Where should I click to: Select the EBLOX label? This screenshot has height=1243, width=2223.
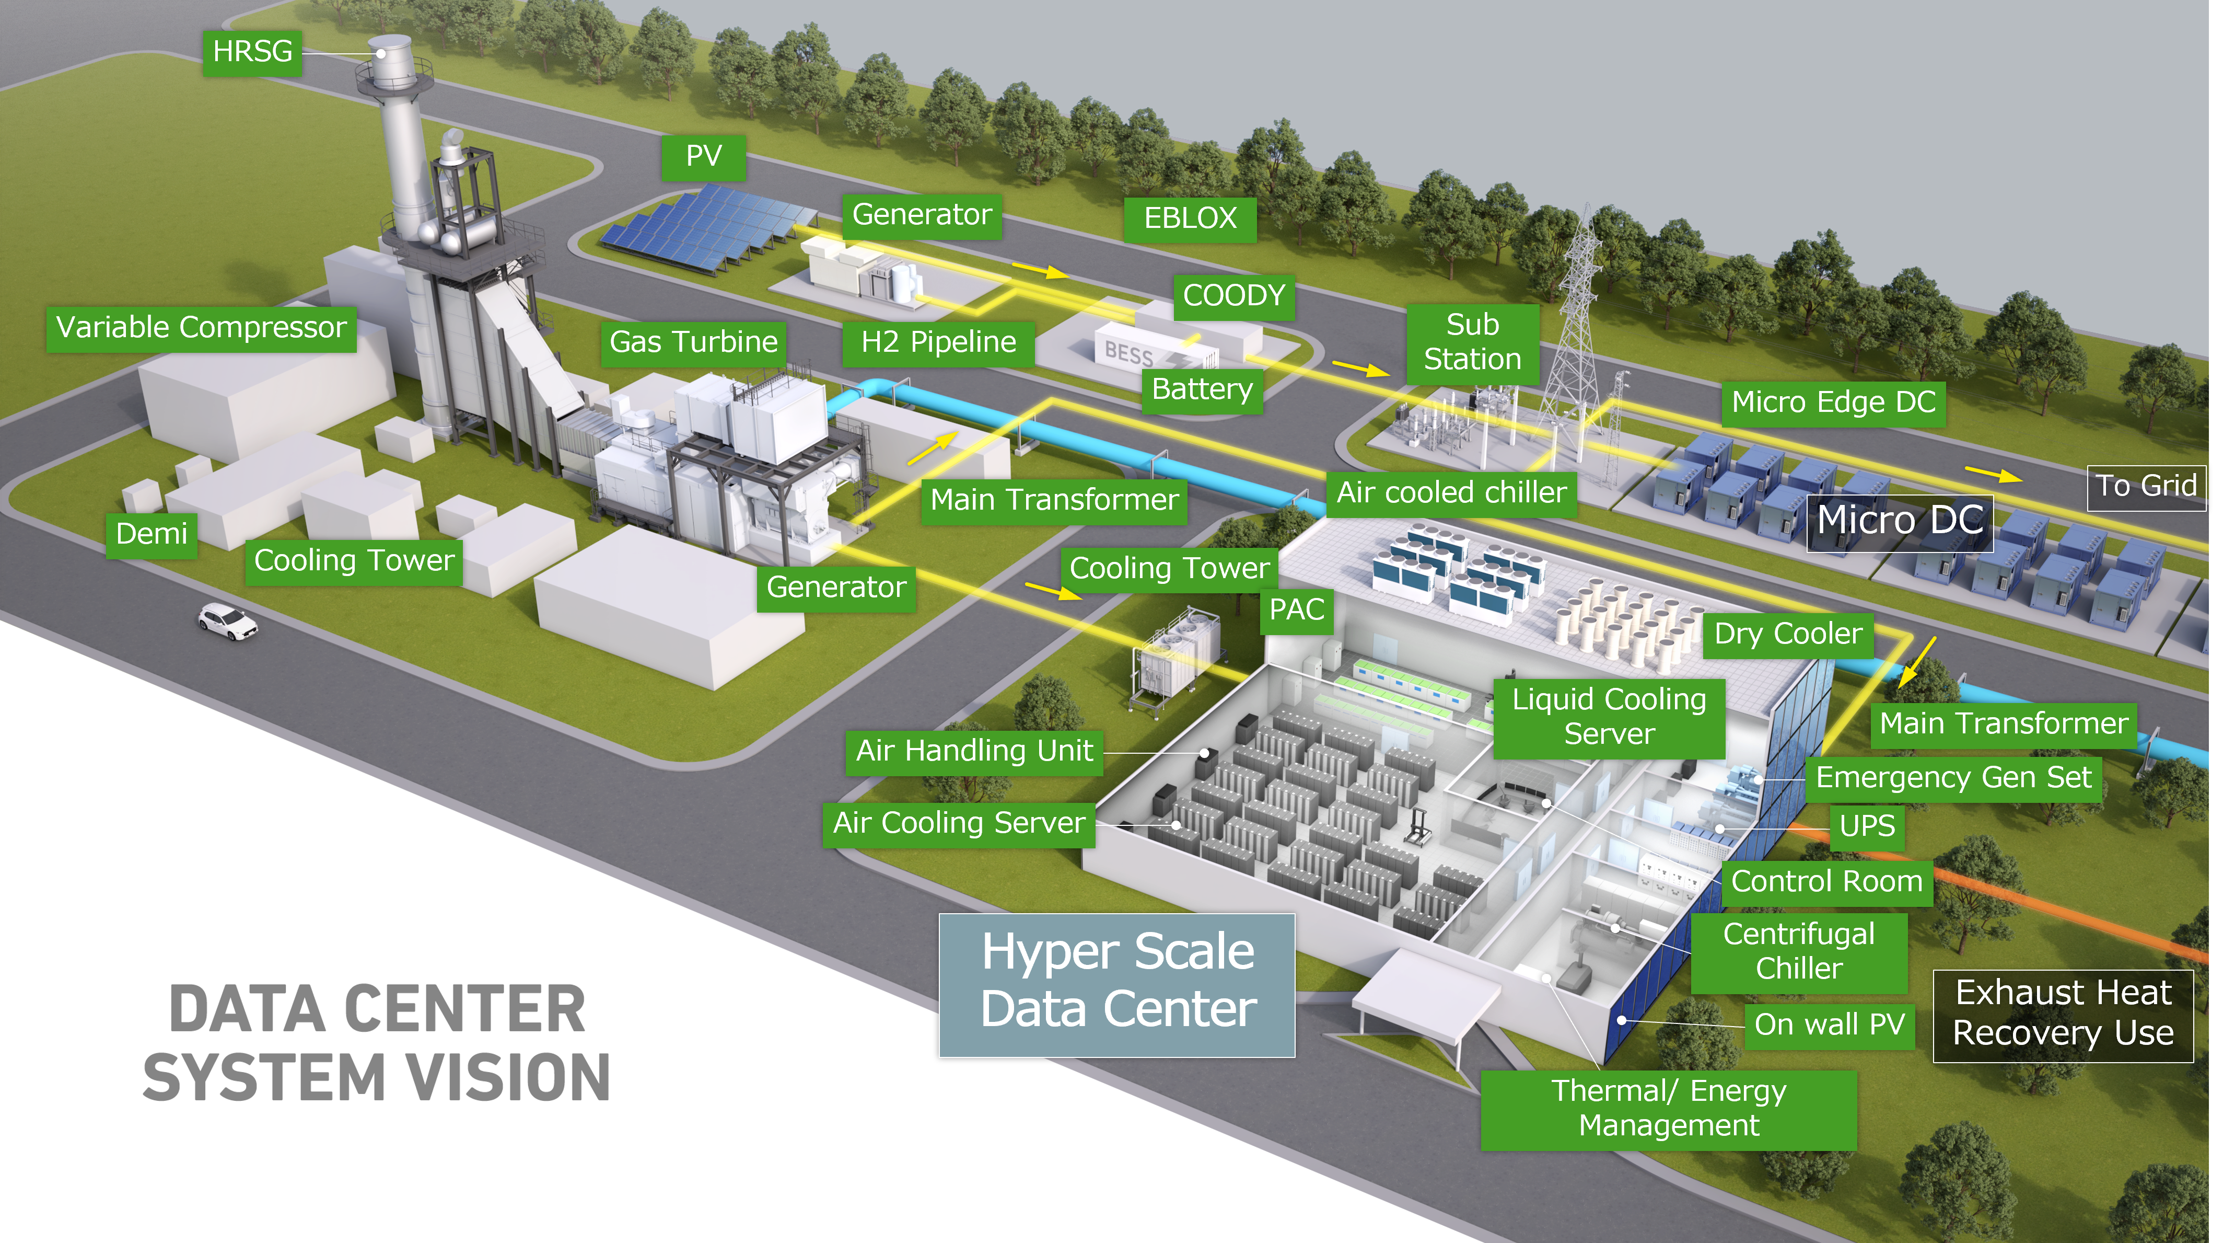coord(1190,218)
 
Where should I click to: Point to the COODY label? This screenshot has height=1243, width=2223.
coord(1234,296)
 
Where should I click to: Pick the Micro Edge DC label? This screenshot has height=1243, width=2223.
coord(1834,403)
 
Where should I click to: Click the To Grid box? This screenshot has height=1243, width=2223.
coord(2146,487)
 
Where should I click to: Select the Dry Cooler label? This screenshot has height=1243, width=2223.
coord(1788,635)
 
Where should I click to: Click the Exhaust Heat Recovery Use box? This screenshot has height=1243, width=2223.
coord(2063,1015)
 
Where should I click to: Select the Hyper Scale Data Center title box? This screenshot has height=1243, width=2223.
coord(1118,984)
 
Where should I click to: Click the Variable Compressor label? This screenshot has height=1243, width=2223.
coord(201,329)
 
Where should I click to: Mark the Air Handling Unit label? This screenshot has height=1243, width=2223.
coord(974,752)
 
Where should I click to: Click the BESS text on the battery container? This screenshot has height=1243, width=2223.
coord(1129,353)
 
